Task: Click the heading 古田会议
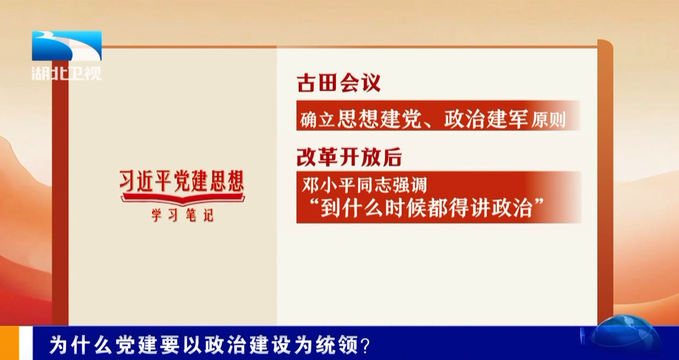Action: pos(338,83)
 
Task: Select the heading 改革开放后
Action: pos(349,158)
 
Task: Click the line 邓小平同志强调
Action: pos(364,185)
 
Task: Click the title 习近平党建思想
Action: pos(182,181)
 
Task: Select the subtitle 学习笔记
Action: pos(182,215)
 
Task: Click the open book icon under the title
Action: pos(182,199)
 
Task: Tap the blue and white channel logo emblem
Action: pos(67,46)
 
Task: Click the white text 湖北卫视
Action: pos(67,73)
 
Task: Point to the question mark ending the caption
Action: pos(365,346)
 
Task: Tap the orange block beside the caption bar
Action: pos(10,343)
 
